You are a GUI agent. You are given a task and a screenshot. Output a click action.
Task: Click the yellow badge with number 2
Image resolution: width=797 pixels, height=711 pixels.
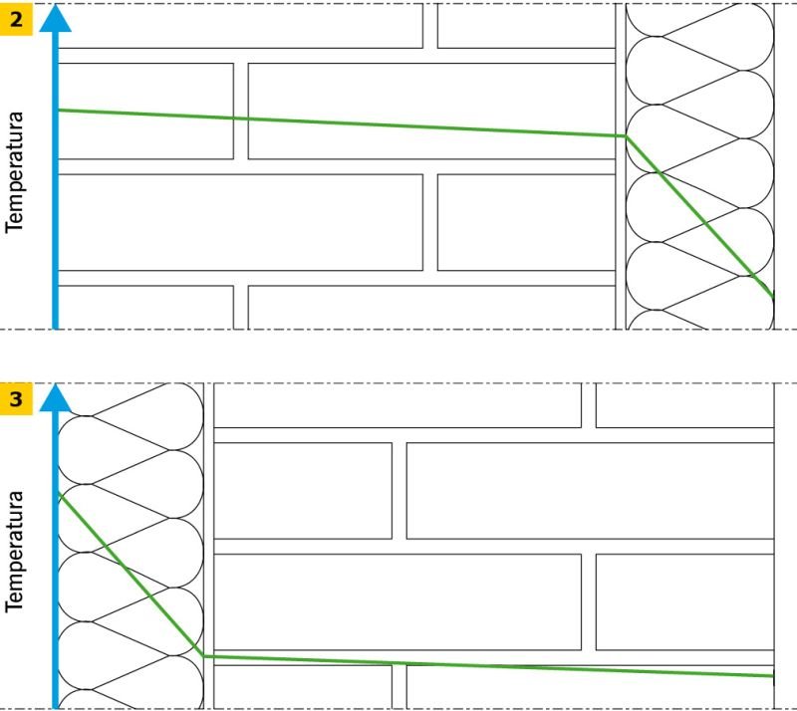(16, 20)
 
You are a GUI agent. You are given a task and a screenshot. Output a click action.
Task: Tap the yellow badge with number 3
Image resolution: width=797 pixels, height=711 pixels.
(16, 399)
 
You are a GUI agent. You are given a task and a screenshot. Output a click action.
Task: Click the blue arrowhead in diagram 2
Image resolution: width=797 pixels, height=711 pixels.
(56, 19)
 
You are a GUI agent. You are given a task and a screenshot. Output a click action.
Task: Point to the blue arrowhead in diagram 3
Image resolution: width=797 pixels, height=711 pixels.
(56, 398)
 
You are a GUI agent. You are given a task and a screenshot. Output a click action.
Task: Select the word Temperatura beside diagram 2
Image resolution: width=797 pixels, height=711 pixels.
(14, 172)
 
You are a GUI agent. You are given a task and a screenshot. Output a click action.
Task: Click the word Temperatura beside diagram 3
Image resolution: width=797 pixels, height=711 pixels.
(14, 552)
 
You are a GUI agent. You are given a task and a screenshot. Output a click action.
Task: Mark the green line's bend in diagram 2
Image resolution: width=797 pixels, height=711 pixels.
(626, 136)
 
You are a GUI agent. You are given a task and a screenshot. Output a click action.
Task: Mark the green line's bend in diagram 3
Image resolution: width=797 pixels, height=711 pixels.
(204, 656)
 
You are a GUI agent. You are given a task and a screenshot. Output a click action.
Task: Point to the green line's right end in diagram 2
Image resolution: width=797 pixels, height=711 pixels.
(773, 298)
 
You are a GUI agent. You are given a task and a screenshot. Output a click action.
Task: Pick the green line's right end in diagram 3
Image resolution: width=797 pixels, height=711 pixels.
(773, 676)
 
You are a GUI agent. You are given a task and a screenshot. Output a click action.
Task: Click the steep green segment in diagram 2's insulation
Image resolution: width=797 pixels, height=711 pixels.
(699, 217)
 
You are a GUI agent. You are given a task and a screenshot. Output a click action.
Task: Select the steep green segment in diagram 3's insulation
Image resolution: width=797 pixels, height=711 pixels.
(132, 575)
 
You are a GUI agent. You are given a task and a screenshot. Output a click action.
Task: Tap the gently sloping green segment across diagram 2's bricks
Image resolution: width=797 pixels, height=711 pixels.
(342, 123)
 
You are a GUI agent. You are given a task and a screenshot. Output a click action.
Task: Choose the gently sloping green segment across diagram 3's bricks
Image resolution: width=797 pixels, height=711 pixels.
(488, 666)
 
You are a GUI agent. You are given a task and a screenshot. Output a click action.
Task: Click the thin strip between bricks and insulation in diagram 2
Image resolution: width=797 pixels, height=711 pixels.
(621, 166)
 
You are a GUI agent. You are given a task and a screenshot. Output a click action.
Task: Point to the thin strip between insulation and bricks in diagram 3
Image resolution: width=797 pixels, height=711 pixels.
(209, 546)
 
